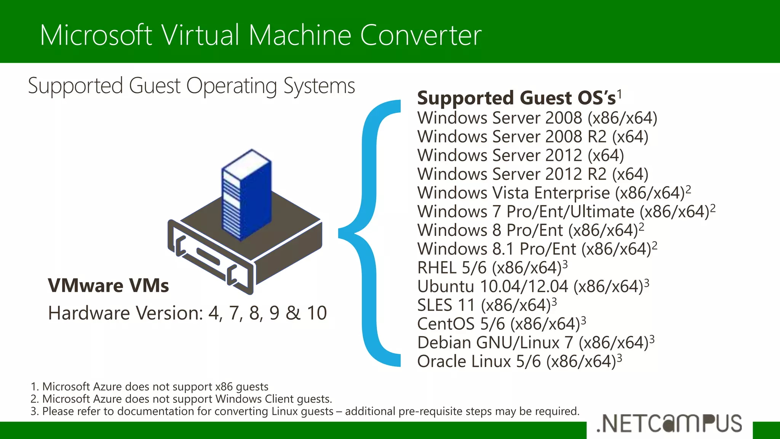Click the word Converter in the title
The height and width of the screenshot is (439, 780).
click(x=420, y=35)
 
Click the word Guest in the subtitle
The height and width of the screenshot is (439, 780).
click(x=154, y=86)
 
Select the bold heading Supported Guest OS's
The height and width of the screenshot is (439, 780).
click(x=516, y=98)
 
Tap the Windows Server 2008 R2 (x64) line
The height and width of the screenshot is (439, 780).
click(x=532, y=136)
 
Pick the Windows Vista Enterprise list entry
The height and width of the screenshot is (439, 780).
click(x=551, y=193)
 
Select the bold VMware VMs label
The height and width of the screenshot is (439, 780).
click(x=108, y=285)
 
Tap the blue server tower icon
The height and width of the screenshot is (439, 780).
click(x=247, y=194)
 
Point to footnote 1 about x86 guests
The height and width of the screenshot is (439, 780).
click(x=149, y=386)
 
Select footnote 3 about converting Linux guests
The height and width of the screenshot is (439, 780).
click(x=305, y=411)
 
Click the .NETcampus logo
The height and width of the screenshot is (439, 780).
click(x=669, y=423)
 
